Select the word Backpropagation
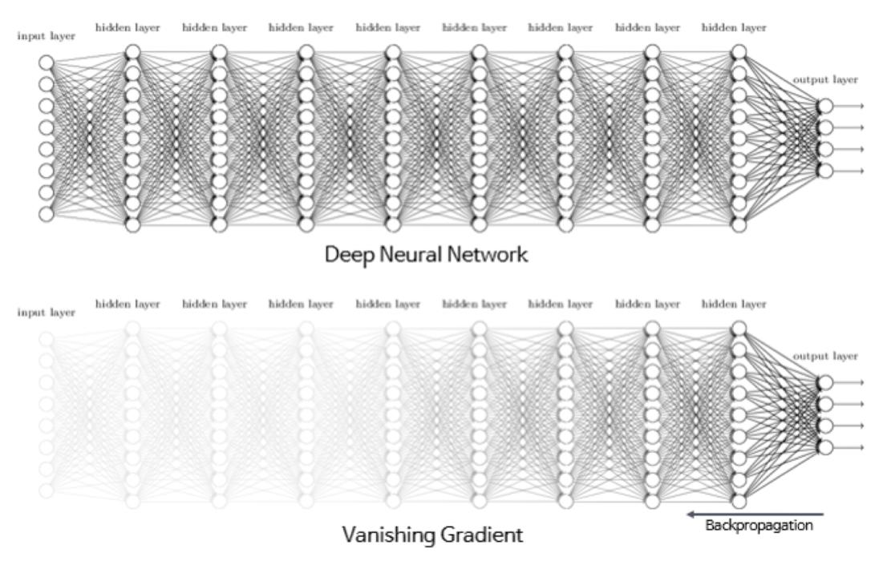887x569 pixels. [759, 527]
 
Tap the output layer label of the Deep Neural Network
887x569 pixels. [824, 80]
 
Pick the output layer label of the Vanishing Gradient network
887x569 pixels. [824, 356]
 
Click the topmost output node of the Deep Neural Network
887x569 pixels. [824, 106]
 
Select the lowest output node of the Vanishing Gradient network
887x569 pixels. [824, 446]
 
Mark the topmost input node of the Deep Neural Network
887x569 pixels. [47, 63]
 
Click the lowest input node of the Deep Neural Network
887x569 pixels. [47, 214]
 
